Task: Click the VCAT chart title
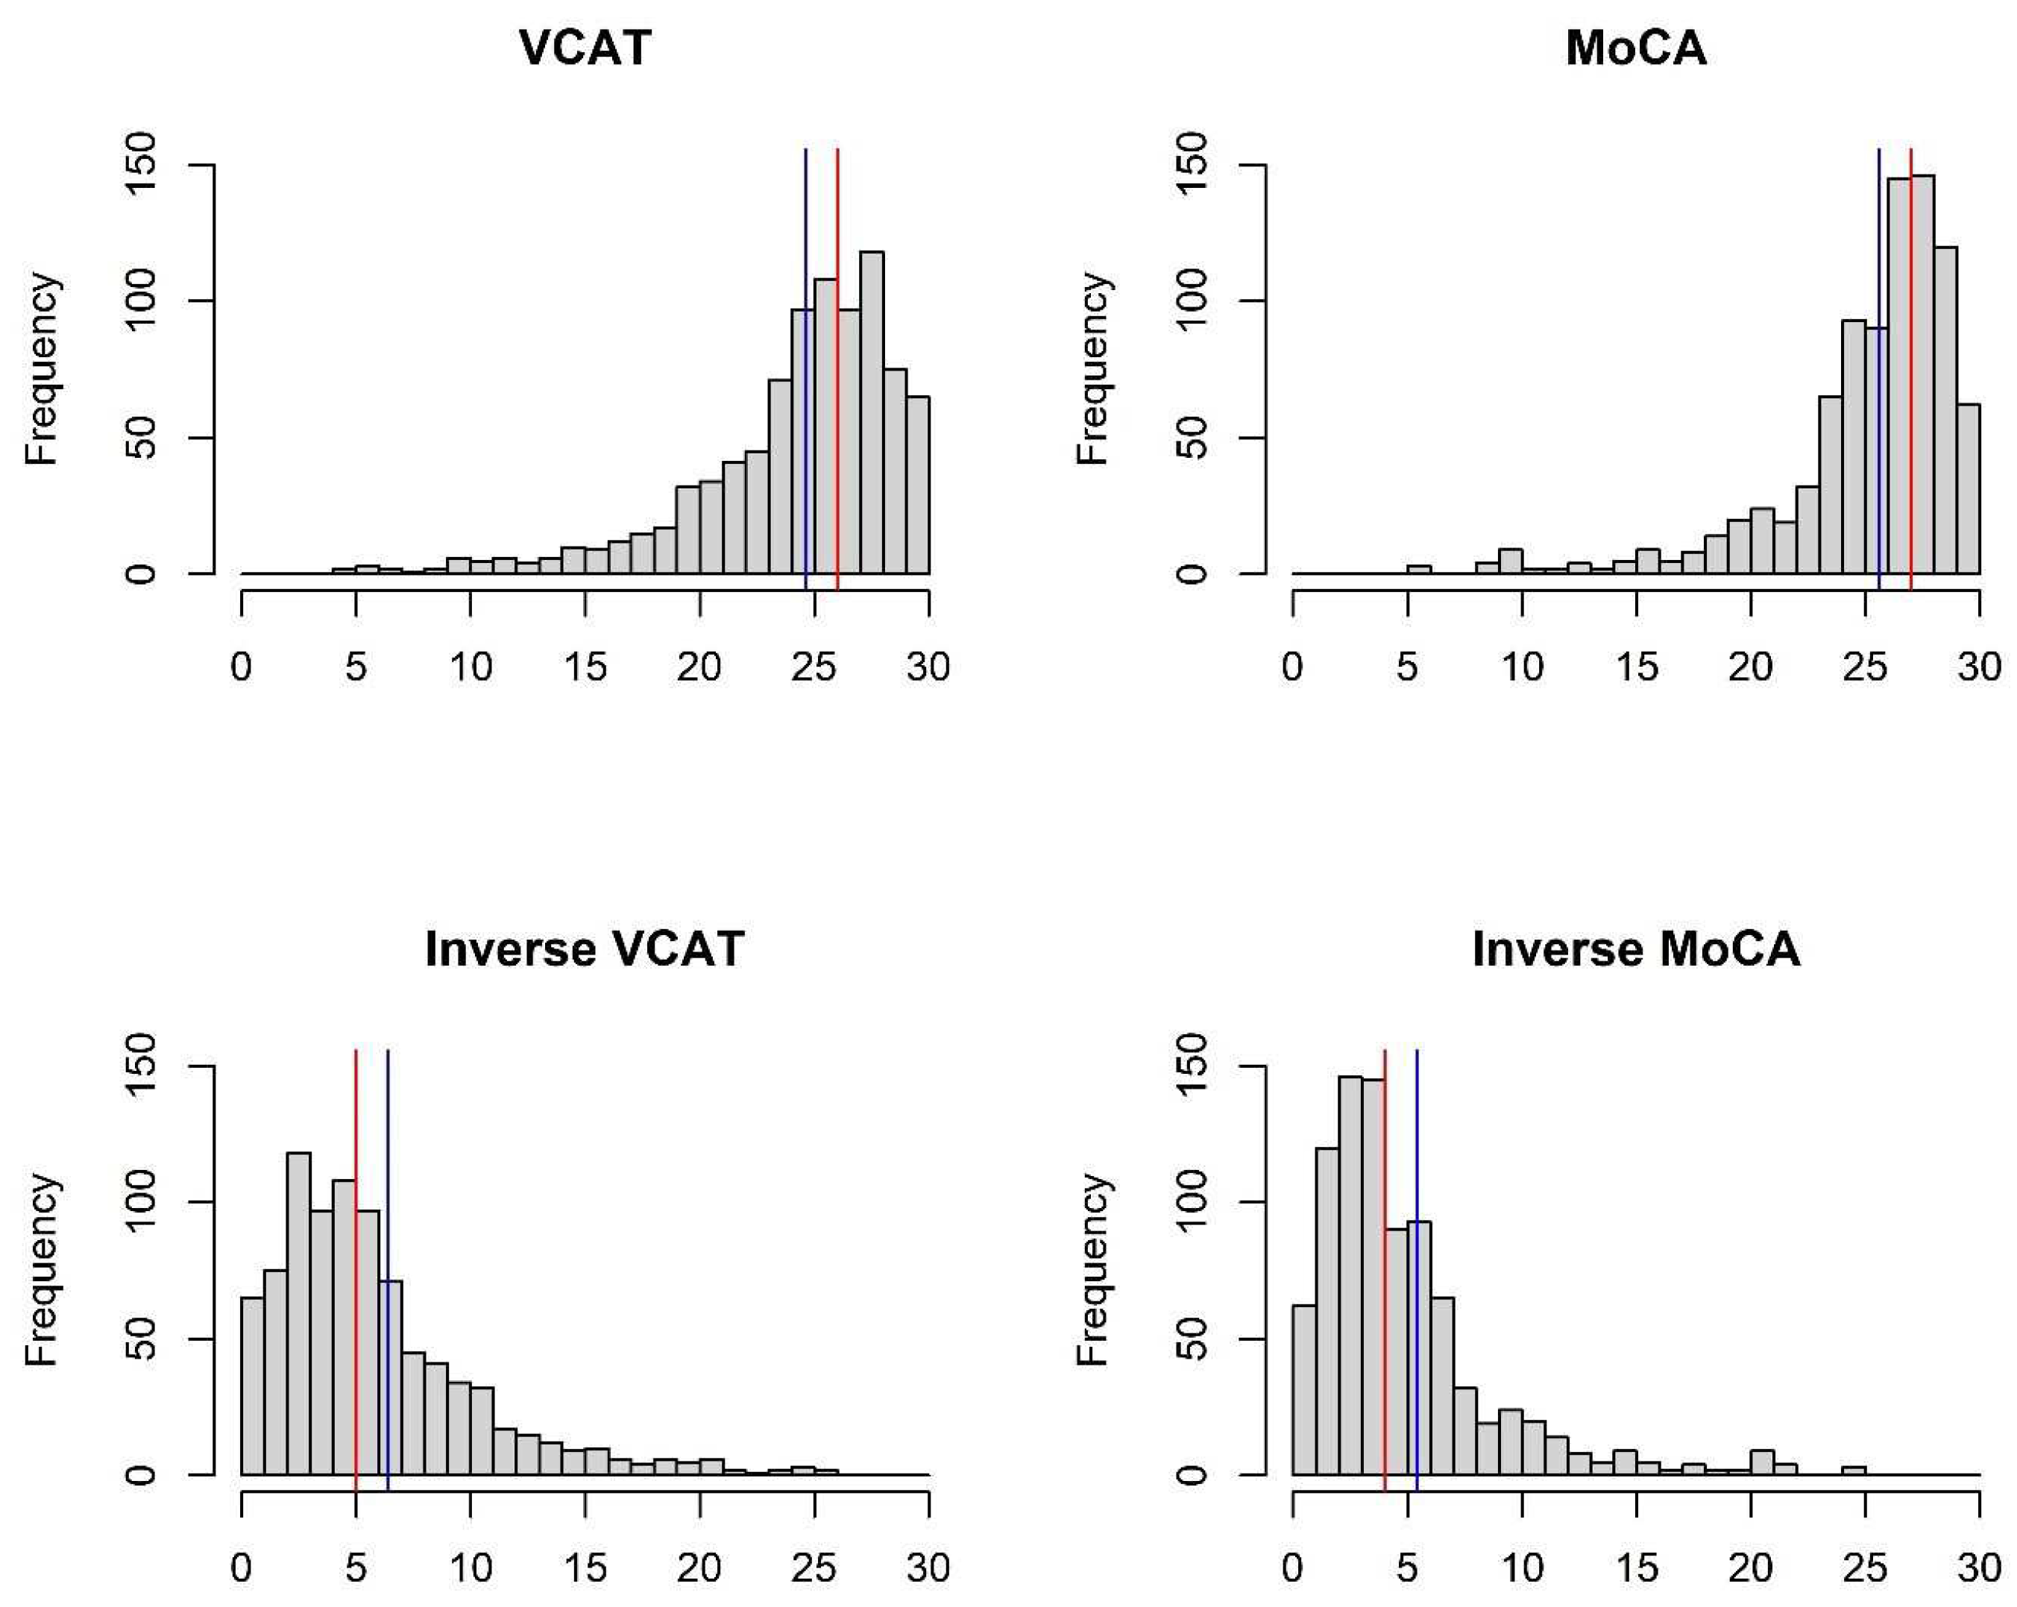click(585, 48)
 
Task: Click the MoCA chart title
click(1635, 48)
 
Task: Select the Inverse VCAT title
click(585, 949)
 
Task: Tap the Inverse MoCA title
click(1635, 949)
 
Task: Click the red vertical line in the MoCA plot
click(1910, 374)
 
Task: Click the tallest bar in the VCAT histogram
click(872, 421)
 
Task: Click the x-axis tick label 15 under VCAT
click(585, 667)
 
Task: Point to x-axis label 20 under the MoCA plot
click(1750, 667)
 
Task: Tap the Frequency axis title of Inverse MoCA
click(1092, 1269)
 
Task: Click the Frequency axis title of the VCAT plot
click(42, 368)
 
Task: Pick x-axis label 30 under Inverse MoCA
click(1980, 1567)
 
